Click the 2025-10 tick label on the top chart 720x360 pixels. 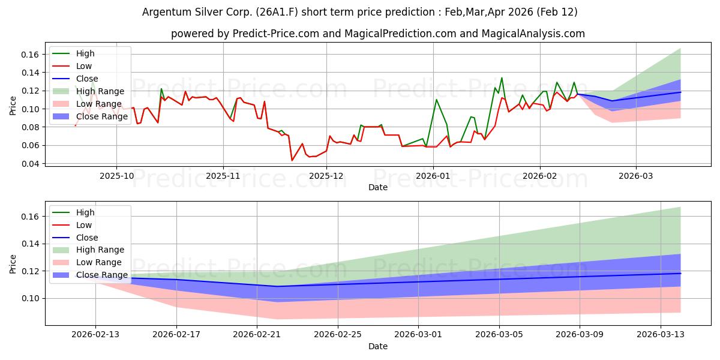point(116,176)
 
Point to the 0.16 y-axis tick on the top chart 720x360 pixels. point(31,55)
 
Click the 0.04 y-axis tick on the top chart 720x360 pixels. point(31,164)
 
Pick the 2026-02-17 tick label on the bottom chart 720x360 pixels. point(176,335)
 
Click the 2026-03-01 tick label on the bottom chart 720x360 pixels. point(418,335)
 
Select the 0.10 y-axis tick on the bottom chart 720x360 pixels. point(31,298)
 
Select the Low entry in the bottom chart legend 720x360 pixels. point(84,225)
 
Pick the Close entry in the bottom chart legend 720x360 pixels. point(87,238)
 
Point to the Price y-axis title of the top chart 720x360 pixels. point(13,106)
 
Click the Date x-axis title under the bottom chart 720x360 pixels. point(378,346)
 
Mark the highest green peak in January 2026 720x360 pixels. point(502,78)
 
